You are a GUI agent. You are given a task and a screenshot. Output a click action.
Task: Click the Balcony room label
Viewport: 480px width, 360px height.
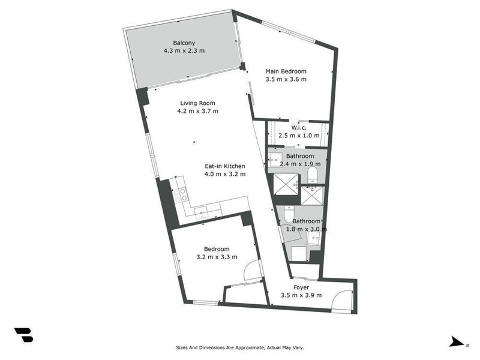tap(184, 43)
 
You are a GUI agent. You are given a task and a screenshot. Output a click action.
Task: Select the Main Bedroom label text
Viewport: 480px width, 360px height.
tap(286, 71)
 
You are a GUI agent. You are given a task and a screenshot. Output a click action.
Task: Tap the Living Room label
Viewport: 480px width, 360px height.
tap(197, 103)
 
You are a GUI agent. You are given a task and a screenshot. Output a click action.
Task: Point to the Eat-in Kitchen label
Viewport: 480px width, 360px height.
tap(226, 166)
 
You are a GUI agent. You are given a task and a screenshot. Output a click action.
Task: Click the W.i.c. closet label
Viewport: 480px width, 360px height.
tap(299, 127)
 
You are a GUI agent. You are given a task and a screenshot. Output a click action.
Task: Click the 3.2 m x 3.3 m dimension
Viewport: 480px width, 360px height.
tap(217, 257)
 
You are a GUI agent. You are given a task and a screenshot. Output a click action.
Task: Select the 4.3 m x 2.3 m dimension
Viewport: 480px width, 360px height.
tap(184, 51)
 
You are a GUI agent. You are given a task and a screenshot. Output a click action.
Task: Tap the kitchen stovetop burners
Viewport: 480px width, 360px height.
tap(181, 194)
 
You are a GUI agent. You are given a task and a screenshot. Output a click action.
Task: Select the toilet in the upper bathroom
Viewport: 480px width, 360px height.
tap(312, 175)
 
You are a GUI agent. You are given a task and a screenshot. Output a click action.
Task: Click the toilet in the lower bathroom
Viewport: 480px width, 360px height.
tap(289, 215)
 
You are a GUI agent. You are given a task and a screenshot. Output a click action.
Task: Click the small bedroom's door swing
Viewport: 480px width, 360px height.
tap(253, 271)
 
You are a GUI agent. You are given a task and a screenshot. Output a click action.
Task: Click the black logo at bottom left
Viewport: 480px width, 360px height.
tap(23, 335)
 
